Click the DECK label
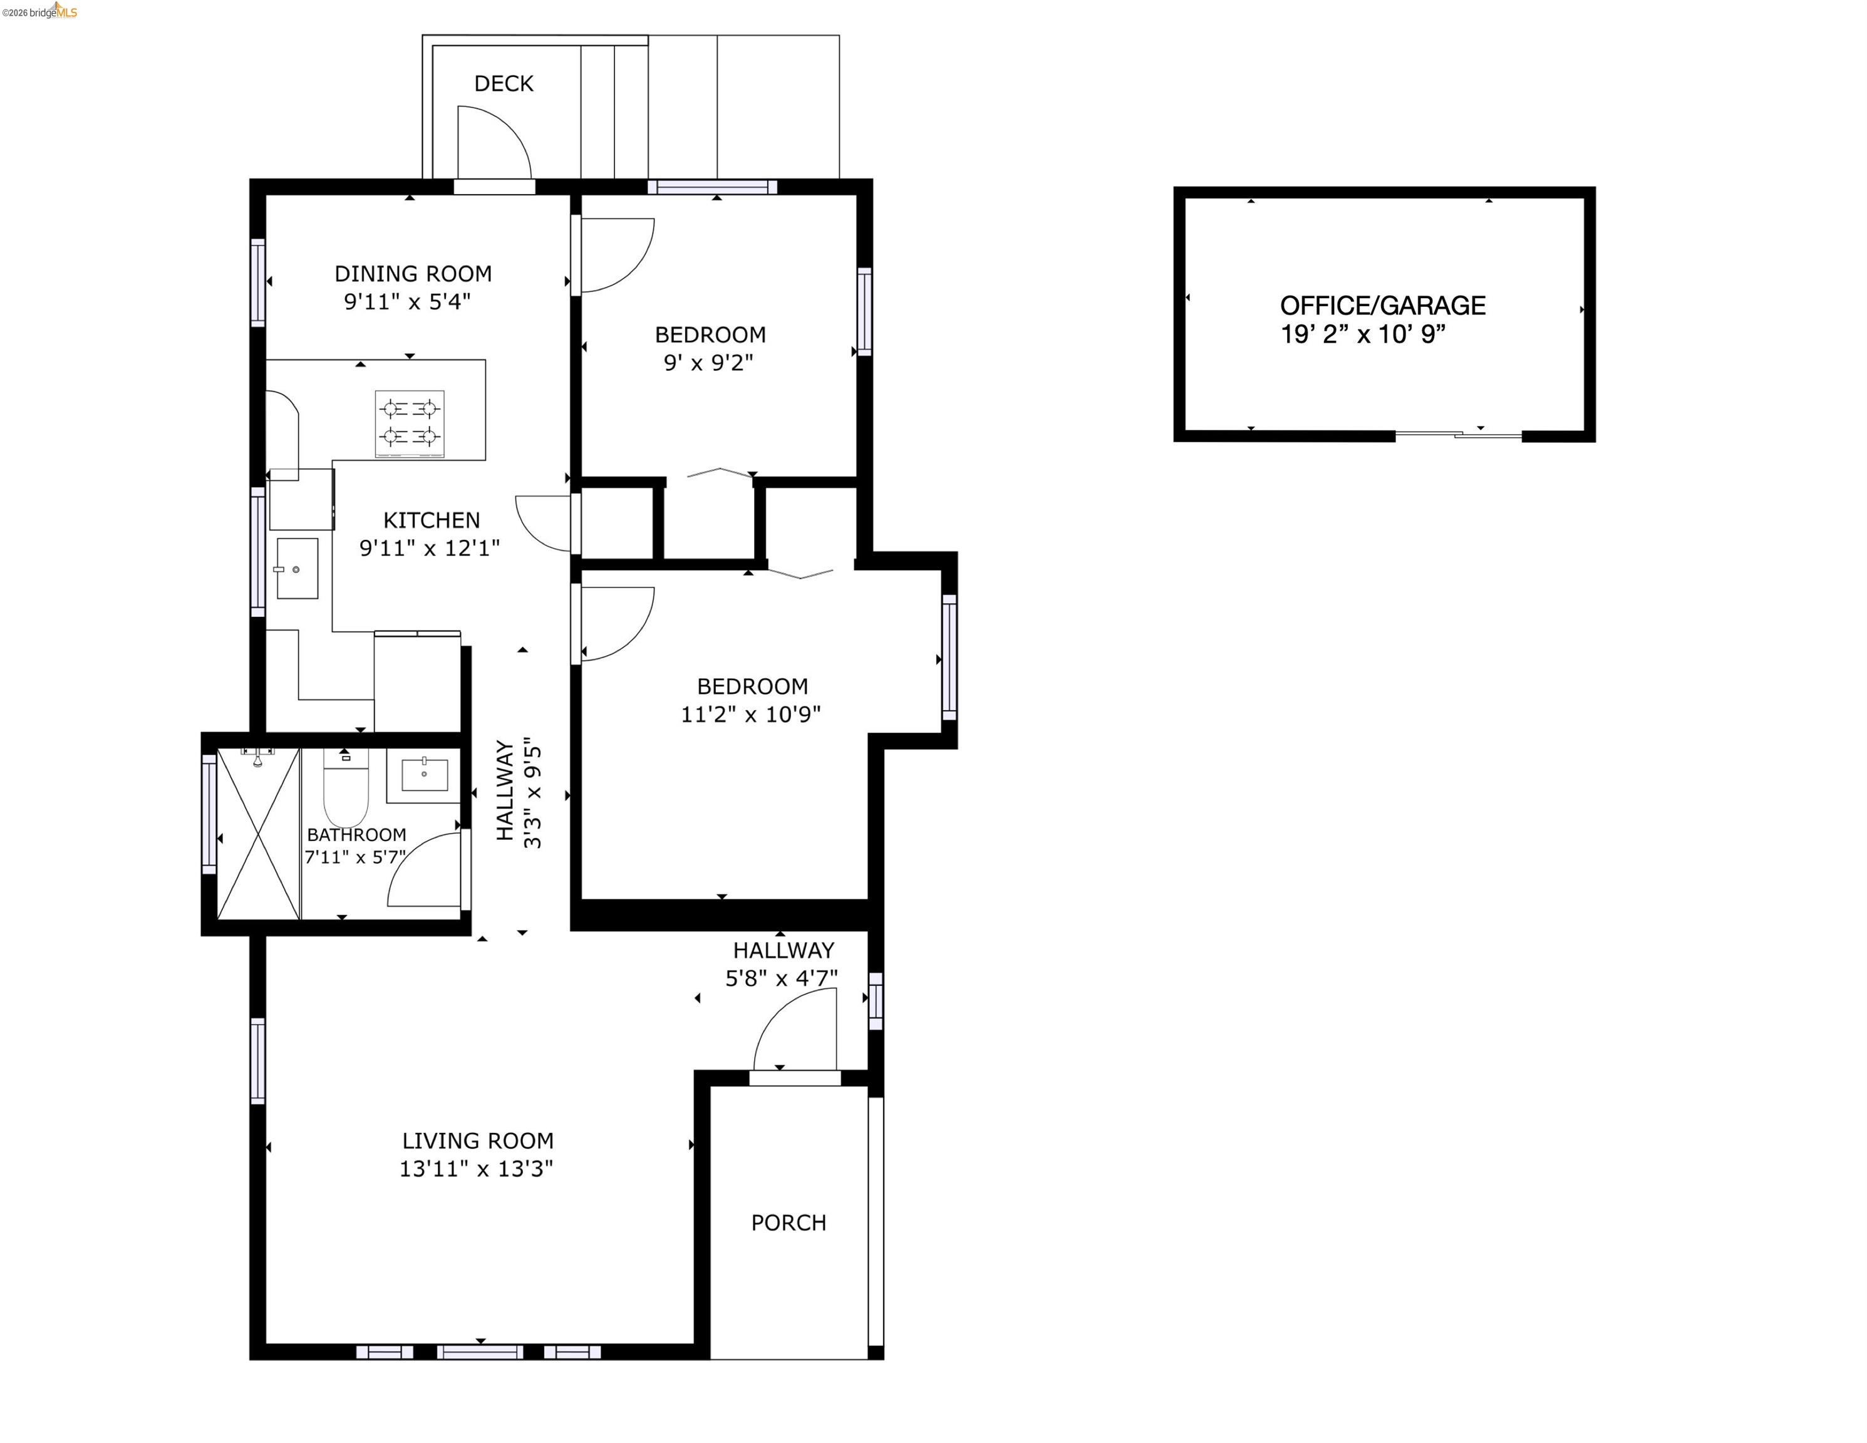point(504,84)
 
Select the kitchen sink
point(297,569)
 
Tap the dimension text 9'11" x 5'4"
point(407,302)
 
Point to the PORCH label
point(788,1223)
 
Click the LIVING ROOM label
point(478,1141)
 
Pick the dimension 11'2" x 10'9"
point(750,715)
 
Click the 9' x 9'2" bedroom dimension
point(709,363)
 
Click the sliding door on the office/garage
point(1459,435)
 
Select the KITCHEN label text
point(431,520)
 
